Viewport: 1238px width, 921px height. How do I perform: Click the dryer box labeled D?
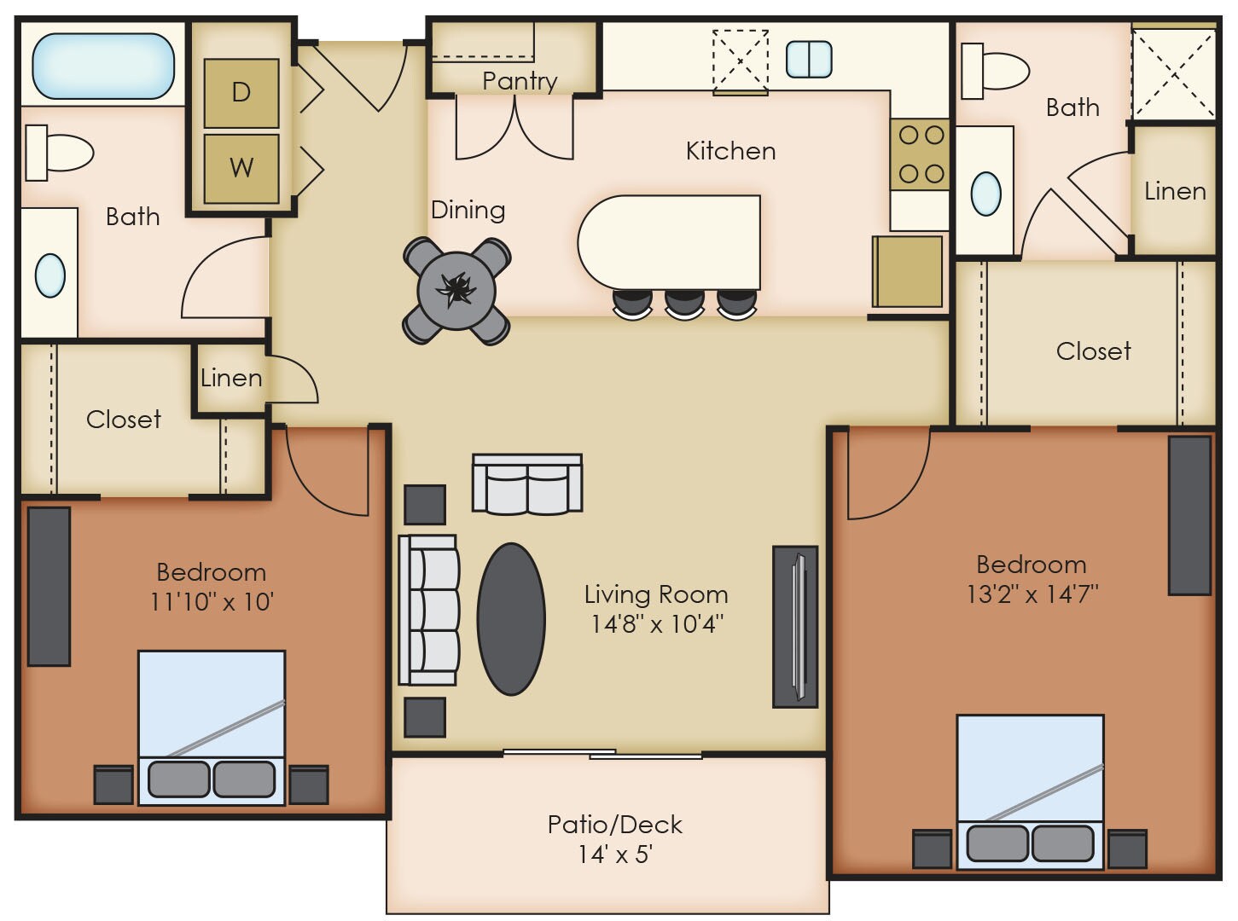click(241, 93)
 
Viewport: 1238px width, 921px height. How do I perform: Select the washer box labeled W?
click(241, 167)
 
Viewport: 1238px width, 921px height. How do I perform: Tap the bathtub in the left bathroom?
click(103, 65)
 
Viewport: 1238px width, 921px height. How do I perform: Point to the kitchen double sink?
click(808, 59)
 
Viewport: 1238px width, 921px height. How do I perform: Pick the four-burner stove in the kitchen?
click(921, 154)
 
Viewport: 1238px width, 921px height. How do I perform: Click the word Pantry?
click(519, 81)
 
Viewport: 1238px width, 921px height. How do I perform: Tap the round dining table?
click(456, 291)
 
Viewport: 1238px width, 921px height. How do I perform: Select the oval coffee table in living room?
click(511, 619)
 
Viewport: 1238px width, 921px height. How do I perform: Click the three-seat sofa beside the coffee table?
click(429, 610)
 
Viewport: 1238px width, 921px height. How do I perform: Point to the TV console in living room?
click(795, 627)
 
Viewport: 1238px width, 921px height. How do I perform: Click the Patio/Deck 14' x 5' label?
click(614, 838)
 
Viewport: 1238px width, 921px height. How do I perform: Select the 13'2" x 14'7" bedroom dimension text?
click(1032, 594)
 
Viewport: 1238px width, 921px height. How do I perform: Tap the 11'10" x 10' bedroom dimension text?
click(211, 602)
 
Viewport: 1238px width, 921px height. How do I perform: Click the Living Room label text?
click(655, 594)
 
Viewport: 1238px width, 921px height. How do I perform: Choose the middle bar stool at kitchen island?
click(684, 303)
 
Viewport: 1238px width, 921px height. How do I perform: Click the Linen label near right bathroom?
click(1174, 191)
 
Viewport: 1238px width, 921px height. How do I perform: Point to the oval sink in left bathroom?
click(50, 275)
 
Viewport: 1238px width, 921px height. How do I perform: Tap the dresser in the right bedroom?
click(1189, 515)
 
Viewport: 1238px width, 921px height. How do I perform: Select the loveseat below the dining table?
click(527, 484)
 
